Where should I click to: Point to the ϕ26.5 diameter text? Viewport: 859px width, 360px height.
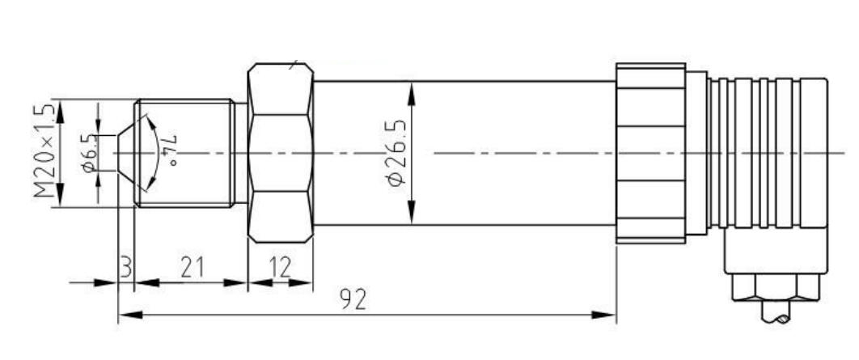396,155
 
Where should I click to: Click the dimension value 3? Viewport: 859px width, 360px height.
125,268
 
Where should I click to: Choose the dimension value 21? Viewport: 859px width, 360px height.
191,268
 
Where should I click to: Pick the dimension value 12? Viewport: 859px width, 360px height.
279,268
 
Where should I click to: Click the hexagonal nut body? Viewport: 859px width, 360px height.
280,154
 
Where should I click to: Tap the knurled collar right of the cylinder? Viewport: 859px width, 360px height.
650,154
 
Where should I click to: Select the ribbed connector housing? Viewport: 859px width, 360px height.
768,154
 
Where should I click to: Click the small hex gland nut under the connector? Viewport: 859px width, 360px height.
764,286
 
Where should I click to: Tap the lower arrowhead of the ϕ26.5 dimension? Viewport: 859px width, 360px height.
412,217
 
